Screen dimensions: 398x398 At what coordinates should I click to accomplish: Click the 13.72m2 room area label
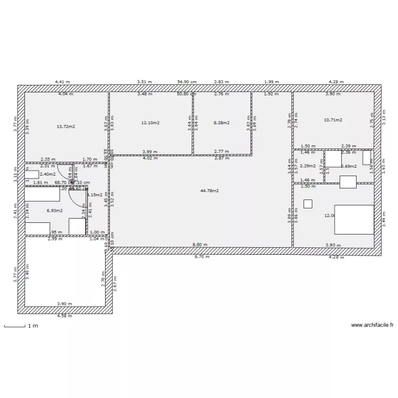point(65,126)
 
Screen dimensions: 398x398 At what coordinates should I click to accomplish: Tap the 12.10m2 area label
point(150,123)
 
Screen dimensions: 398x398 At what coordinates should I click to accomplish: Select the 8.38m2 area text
point(221,123)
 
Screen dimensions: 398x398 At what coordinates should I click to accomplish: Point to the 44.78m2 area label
point(210,191)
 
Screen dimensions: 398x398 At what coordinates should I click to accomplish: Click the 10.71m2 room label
point(333,120)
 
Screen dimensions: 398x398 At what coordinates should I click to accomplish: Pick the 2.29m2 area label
point(307,166)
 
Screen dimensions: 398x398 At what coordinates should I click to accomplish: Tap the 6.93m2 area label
point(55,210)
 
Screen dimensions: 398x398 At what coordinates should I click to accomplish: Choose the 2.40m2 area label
point(47,174)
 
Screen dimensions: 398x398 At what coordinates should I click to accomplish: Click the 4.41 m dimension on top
point(63,82)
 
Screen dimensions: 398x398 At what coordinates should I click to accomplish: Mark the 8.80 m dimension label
point(200,245)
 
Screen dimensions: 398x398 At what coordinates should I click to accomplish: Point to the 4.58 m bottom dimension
point(65,316)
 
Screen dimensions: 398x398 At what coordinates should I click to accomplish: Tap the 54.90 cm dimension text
point(187,82)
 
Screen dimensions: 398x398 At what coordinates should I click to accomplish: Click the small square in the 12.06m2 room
point(307,203)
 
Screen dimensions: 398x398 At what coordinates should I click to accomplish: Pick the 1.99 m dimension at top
point(272,82)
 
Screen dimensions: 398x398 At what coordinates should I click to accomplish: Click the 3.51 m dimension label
point(144,82)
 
